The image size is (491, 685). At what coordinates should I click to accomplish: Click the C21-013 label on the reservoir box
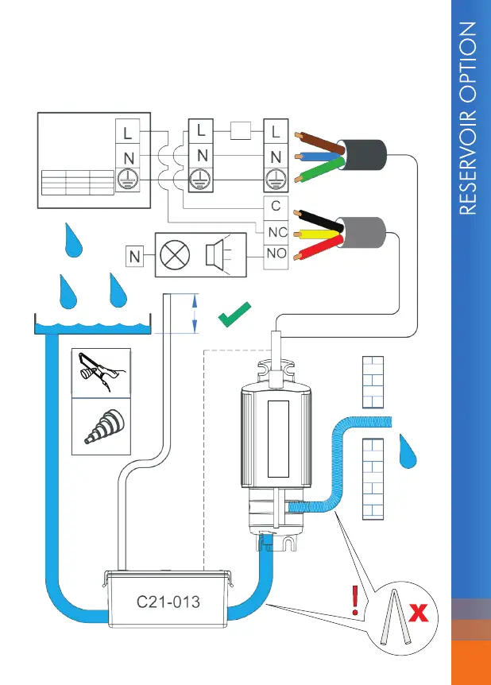tap(167, 602)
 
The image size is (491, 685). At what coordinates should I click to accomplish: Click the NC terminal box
tap(275, 232)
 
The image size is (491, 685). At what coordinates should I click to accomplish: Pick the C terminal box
tap(275, 206)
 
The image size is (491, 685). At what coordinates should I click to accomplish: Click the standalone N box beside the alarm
tap(135, 256)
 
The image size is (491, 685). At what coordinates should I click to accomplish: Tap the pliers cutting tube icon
tap(101, 372)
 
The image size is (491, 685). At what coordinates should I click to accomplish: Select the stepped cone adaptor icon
tap(101, 426)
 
